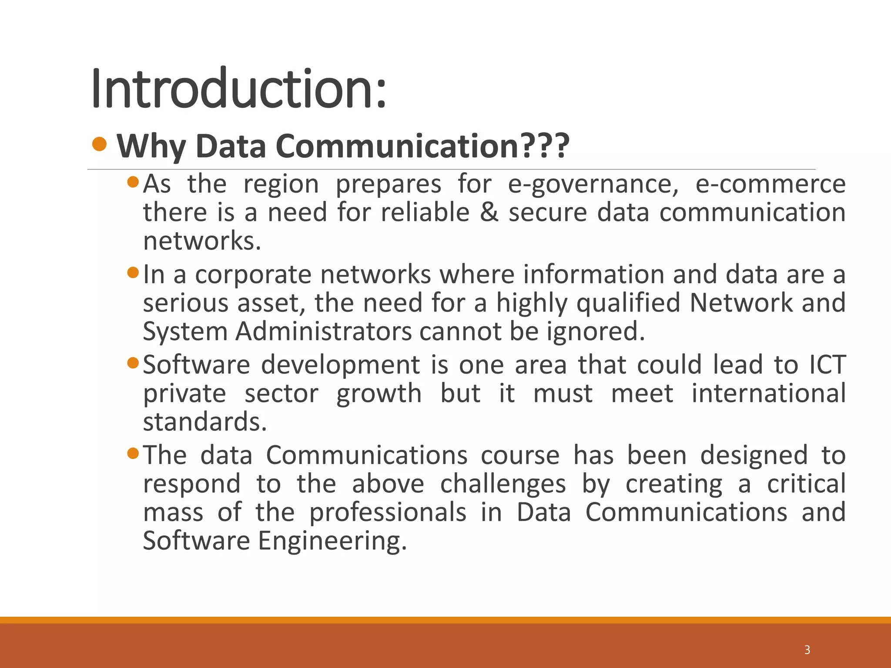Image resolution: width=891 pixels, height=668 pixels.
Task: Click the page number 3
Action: pos(807,650)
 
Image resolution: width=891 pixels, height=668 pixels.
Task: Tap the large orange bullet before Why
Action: pos(100,144)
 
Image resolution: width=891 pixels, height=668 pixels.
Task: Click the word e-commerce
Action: pos(770,184)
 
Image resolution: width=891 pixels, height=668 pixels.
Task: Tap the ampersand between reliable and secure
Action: pos(489,213)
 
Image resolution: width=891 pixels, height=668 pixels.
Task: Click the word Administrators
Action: pos(323,331)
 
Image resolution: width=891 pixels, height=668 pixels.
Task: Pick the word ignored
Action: pos(596,332)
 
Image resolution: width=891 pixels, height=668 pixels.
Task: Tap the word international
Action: pos(768,394)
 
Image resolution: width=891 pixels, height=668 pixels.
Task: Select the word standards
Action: pos(204,422)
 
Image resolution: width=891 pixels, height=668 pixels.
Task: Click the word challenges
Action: pos(503,484)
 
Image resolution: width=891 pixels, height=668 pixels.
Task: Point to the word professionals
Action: pos(388,512)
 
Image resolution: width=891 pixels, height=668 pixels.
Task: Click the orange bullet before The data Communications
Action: pos(133,454)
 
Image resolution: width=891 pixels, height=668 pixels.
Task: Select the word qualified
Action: pos(628,303)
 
